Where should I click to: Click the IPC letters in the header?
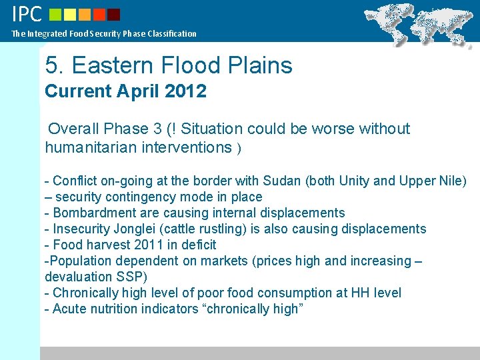pos(27,14)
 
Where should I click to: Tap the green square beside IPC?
pos(56,14)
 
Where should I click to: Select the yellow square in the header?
pos(71,14)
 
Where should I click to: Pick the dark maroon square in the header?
pos(114,14)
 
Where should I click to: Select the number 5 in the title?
pos(51,65)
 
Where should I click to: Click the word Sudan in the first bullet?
pos(282,181)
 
